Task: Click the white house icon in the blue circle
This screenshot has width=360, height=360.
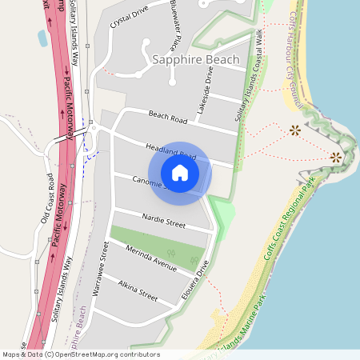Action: tap(180, 172)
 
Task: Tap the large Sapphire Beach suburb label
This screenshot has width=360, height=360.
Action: tap(196, 60)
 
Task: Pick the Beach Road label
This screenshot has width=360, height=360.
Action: tap(167, 118)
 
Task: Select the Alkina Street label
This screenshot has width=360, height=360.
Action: tap(138, 290)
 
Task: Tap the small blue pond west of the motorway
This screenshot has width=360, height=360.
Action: tap(41, 38)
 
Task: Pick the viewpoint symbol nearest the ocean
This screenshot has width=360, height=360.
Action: tap(336, 157)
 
